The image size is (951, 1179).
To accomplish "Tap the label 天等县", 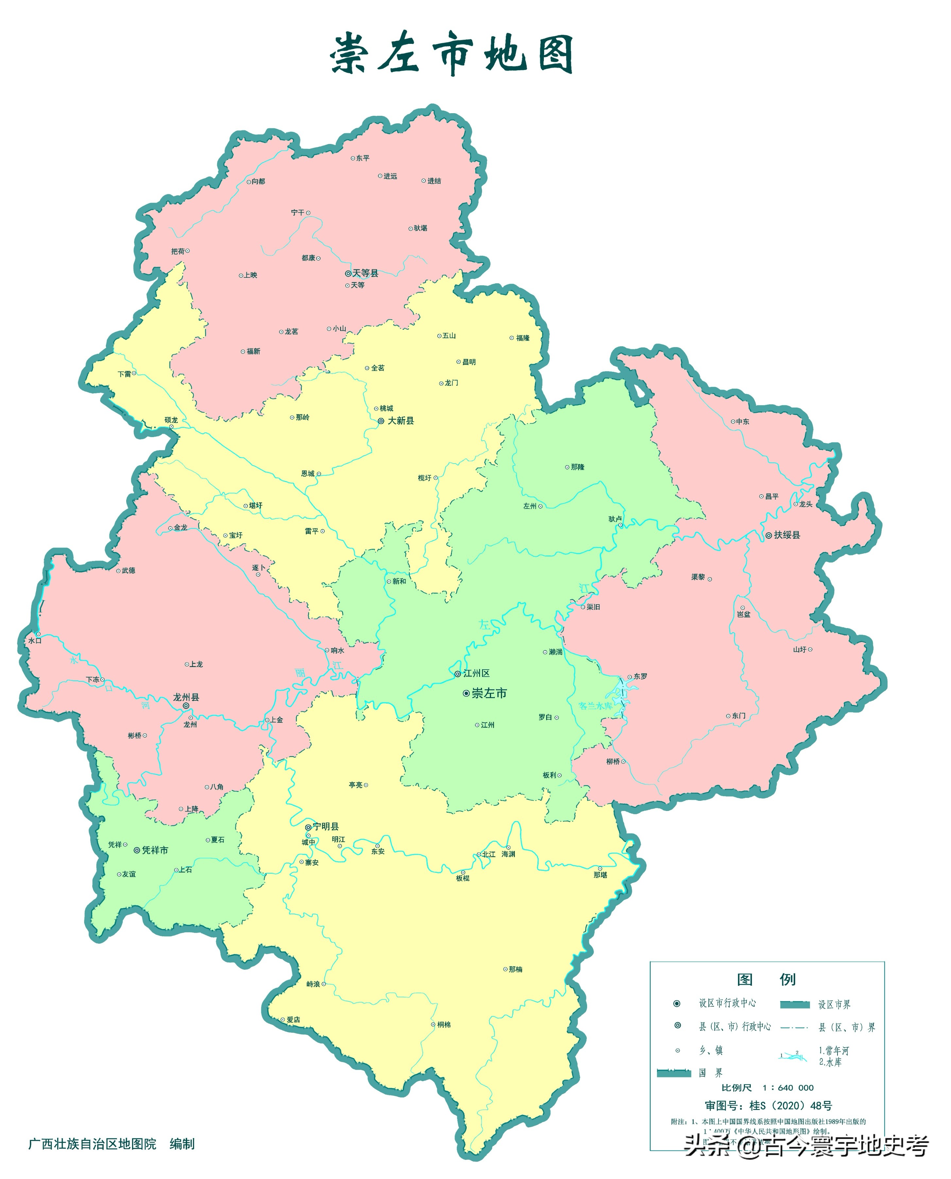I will [x=365, y=273].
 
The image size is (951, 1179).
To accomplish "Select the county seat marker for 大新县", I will [x=381, y=421].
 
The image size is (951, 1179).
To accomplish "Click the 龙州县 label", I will [x=186, y=697].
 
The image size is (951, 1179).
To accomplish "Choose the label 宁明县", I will [x=326, y=826].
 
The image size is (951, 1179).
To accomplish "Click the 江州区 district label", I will [x=476, y=673].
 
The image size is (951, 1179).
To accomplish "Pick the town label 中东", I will [x=742, y=421].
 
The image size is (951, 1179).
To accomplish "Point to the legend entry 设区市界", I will [x=834, y=1004].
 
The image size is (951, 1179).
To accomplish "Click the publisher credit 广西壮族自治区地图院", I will [x=92, y=1144].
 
